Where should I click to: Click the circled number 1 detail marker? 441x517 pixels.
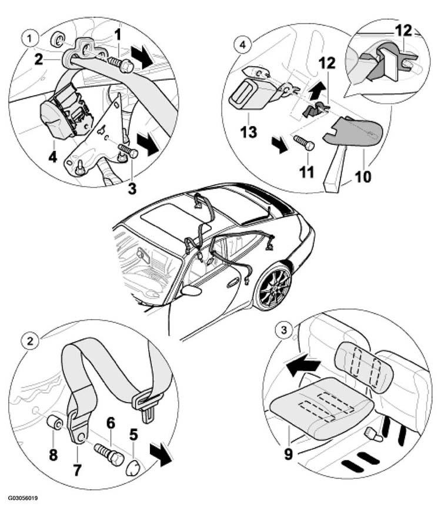30,39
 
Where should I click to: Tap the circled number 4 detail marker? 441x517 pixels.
242,45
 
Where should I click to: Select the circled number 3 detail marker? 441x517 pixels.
284,329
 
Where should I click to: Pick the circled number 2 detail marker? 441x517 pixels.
30,340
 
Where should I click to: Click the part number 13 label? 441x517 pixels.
248,132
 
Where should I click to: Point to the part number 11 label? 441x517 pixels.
306,172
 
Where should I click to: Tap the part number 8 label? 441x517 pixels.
54,455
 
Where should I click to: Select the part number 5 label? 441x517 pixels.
133,435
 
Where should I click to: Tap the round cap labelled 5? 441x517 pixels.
133,468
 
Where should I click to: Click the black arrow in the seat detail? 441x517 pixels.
302,366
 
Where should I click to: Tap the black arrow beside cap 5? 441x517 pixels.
161,455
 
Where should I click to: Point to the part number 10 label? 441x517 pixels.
363,177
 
